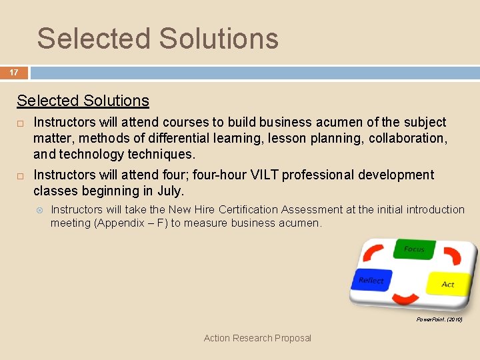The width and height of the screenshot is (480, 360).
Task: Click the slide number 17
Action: click(x=13, y=72)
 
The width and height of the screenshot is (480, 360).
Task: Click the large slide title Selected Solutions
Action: click(x=157, y=38)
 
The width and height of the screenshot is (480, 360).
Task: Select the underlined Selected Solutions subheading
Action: click(x=83, y=101)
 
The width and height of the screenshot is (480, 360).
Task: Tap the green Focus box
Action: click(x=413, y=249)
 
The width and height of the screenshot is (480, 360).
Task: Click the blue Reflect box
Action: click(x=371, y=281)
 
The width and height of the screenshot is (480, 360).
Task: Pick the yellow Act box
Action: click(x=448, y=284)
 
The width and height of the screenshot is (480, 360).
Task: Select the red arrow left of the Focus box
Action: click(x=375, y=254)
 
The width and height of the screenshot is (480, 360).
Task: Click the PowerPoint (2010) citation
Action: click(x=439, y=320)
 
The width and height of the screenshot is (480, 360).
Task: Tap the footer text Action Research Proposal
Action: click(x=257, y=338)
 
